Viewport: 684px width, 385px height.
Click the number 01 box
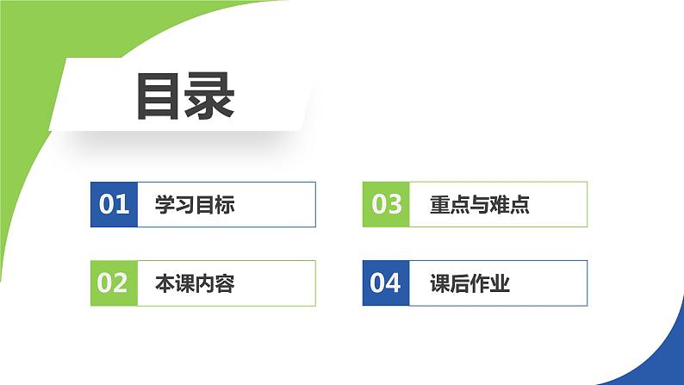pyautogui.click(x=114, y=204)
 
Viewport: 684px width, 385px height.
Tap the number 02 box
pyautogui.click(x=114, y=283)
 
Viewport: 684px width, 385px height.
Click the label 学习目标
pyautogui.click(x=194, y=205)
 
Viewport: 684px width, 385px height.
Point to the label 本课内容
pyautogui.click(x=194, y=283)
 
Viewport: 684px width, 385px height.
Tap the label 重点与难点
pyautogui.click(x=479, y=205)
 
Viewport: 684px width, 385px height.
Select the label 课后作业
pyautogui.click(x=469, y=283)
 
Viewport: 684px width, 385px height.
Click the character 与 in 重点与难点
pyautogui.click(x=479, y=205)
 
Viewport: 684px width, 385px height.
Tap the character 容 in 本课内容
pyautogui.click(x=224, y=283)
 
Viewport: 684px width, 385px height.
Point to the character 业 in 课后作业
pyautogui.click(x=500, y=283)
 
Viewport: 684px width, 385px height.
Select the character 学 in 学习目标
pyautogui.click(x=165, y=205)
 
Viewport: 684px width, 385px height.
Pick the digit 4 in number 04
pyautogui.click(x=395, y=283)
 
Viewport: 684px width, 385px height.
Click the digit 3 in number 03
pyautogui.click(x=395, y=204)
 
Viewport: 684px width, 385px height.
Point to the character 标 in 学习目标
pyautogui.click(x=224, y=205)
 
